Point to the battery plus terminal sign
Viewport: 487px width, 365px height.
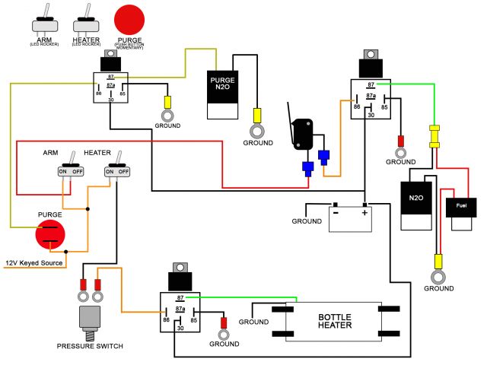(x=365, y=214)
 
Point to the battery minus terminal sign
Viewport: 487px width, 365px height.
(x=335, y=214)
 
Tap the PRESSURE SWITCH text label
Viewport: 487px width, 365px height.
(x=91, y=347)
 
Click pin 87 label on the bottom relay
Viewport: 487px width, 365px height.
(x=180, y=298)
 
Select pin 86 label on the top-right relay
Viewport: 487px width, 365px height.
(x=355, y=107)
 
